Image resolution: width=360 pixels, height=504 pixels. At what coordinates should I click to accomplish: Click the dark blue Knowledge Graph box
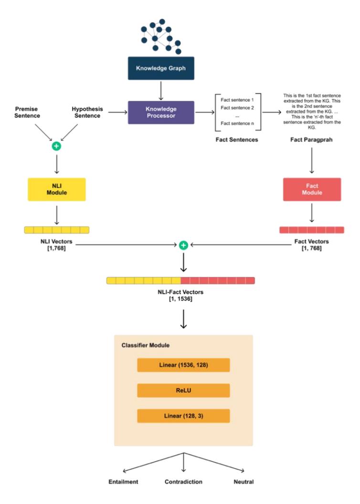tap(161, 68)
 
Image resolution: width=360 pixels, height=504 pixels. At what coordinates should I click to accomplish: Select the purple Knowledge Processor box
tap(161, 112)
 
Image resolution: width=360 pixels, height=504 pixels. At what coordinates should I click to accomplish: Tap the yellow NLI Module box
tap(57, 189)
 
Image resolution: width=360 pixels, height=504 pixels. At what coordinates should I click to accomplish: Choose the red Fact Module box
tap(312, 189)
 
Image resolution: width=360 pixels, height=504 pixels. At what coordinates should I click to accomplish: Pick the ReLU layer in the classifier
tap(183, 390)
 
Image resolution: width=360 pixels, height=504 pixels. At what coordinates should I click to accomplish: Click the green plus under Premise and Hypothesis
tap(56, 146)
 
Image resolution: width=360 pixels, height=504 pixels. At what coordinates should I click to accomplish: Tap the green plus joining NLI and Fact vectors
tap(183, 245)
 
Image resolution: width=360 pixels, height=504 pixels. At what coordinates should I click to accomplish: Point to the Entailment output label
tap(123, 482)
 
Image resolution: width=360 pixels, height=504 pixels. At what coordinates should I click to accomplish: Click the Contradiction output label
tap(183, 482)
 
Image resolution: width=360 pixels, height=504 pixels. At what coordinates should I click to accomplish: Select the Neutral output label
tap(244, 482)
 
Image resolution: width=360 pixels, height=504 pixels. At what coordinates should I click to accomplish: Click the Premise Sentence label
tap(27, 112)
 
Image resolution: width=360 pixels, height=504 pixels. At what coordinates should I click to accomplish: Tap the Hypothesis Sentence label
tap(87, 112)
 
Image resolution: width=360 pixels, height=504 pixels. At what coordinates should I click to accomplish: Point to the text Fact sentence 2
tap(237, 107)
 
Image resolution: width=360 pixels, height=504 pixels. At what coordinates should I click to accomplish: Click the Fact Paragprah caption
tap(311, 139)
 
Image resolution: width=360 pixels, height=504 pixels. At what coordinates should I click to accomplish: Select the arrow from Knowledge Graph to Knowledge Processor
tap(161, 90)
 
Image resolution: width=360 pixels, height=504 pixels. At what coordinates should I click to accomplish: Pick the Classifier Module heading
tap(146, 345)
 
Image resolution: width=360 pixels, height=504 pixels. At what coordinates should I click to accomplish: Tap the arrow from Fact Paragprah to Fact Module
tap(311, 160)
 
